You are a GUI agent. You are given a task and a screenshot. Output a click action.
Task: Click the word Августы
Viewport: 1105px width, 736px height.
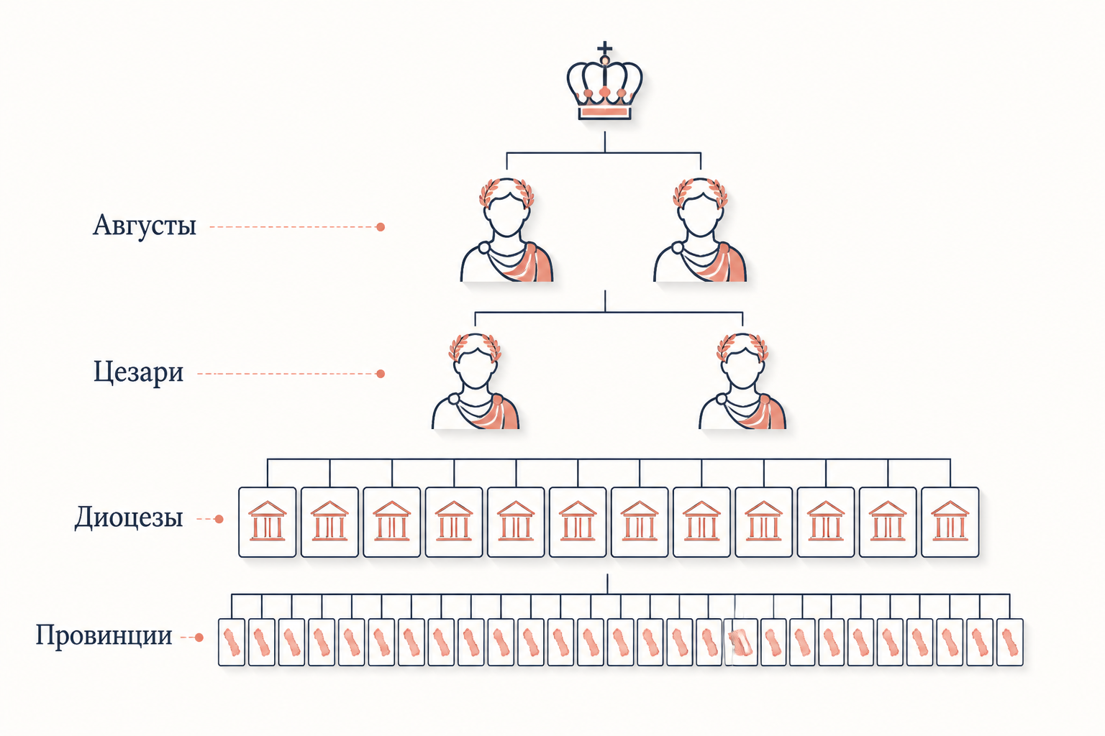(x=145, y=226)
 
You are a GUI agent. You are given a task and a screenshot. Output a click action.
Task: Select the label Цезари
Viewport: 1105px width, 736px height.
(x=139, y=373)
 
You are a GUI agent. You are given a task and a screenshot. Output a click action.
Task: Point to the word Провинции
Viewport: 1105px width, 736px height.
(x=104, y=636)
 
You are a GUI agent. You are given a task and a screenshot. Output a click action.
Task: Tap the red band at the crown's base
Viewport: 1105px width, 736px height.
(x=605, y=113)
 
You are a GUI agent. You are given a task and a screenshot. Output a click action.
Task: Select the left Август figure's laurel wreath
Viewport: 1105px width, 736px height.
(x=506, y=191)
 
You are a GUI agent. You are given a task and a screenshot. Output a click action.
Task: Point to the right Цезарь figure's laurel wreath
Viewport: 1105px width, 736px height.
(x=742, y=347)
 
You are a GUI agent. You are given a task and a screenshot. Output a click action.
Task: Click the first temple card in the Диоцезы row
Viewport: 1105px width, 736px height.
(x=268, y=522)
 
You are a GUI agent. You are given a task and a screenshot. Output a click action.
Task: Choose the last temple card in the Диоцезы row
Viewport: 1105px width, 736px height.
(x=950, y=522)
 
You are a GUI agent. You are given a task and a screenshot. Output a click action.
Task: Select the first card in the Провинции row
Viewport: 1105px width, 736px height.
(x=232, y=642)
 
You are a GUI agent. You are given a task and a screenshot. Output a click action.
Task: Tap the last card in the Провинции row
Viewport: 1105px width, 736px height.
(x=1010, y=642)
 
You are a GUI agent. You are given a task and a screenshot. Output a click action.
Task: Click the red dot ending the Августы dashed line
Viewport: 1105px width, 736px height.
(x=381, y=226)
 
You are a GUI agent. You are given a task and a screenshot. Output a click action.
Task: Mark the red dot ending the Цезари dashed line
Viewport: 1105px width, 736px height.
(x=381, y=374)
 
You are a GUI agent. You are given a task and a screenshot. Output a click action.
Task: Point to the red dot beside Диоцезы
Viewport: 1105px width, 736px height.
(x=219, y=519)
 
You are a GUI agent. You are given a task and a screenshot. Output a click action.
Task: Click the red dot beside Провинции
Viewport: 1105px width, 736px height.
(x=199, y=638)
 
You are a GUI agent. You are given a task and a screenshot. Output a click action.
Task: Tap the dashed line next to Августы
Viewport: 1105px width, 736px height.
(x=293, y=226)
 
